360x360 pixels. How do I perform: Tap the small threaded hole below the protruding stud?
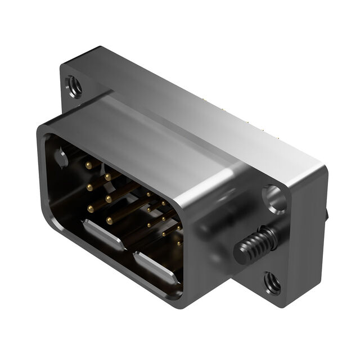coord(273,282)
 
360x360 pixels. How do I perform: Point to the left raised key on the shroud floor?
coord(103,235)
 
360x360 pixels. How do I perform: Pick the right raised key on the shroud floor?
coord(156,268)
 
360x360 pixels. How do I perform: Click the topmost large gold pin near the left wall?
coord(88,165)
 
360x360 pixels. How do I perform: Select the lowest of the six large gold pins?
coord(109,220)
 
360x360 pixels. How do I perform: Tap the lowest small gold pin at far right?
coord(178,244)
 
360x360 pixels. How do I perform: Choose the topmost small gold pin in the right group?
coord(148,195)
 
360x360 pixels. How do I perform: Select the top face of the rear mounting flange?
coord(214,107)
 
